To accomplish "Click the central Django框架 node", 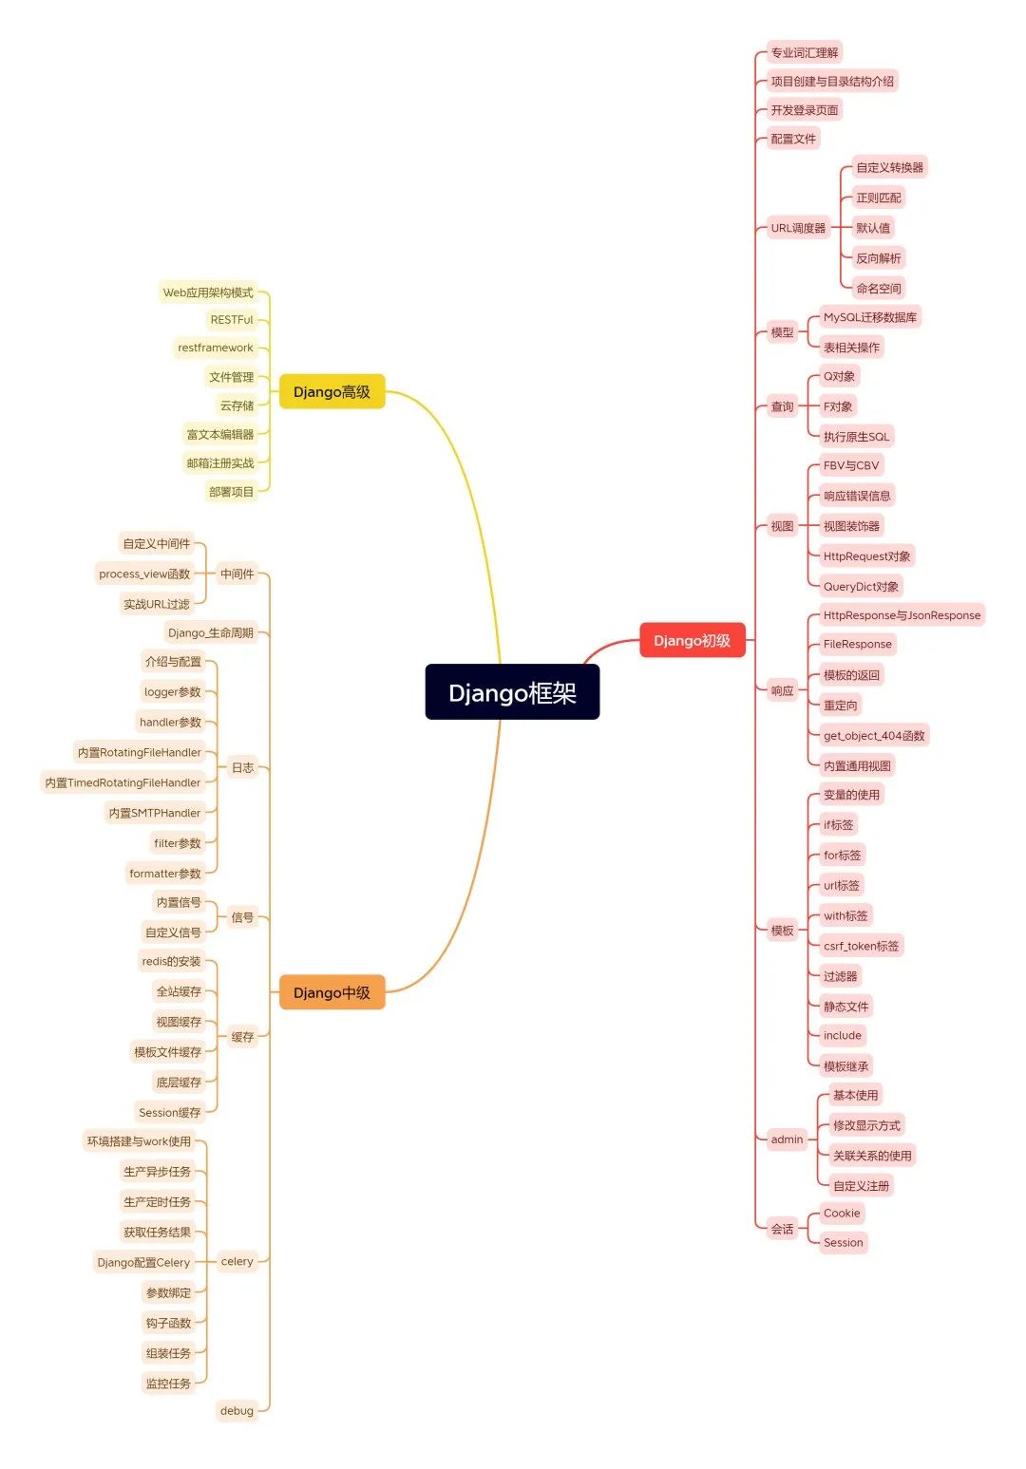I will point(512,692).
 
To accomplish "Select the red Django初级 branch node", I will point(692,641).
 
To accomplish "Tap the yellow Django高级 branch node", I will point(332,392).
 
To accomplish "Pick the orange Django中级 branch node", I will point(332,993).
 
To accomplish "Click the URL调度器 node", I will point(798,228).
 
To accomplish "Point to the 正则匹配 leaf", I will point(878,198).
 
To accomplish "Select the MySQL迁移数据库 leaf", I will point(869,317).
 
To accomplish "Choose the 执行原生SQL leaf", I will point(856,437).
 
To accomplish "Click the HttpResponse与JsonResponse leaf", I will point(901,615).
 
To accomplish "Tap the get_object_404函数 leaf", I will point(873,736).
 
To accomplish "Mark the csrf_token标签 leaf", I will point(861,946).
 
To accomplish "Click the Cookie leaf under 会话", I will point(842,1214).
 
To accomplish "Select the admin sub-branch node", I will point(787,1139).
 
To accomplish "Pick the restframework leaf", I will point(216,348).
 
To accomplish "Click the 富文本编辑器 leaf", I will point(220,435).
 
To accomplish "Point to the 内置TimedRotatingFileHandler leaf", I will point(123,782).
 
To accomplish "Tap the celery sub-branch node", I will point(237,1262).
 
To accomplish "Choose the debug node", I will point(237,1411).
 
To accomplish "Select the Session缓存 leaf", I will point(170,1113).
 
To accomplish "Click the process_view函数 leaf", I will point(144,574).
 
